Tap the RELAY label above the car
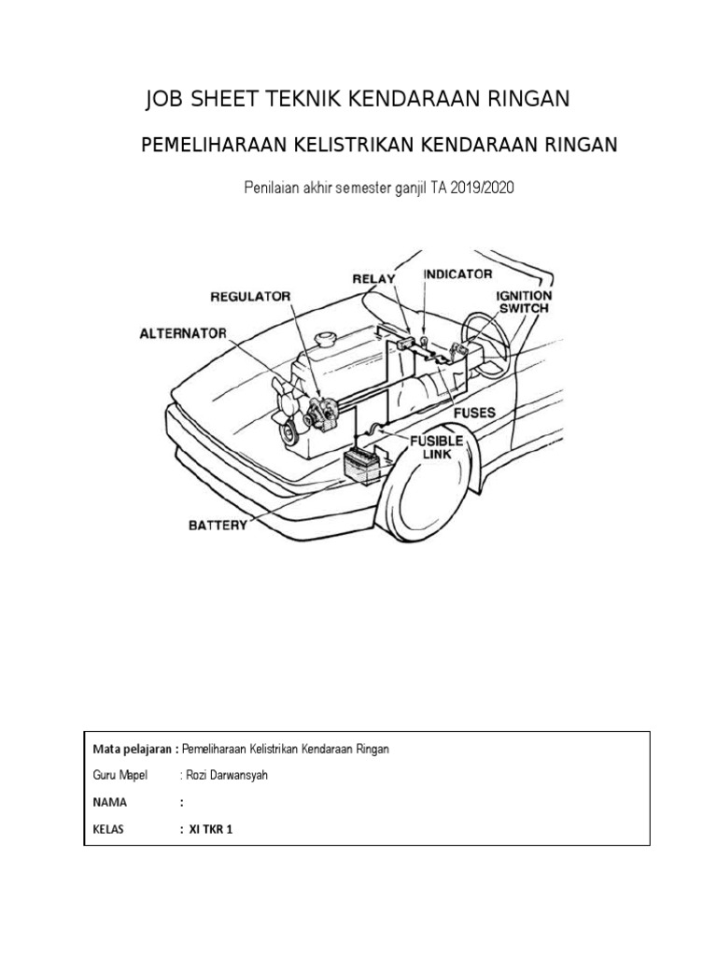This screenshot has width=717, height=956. tap(373, 278)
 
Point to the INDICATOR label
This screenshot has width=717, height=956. tap(457, 275)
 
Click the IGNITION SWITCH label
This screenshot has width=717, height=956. tap(522, 301)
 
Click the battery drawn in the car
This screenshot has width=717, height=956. tap(361, 463)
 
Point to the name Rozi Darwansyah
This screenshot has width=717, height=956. tap(222, 775)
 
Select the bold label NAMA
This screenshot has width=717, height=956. tap(109, 802)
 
